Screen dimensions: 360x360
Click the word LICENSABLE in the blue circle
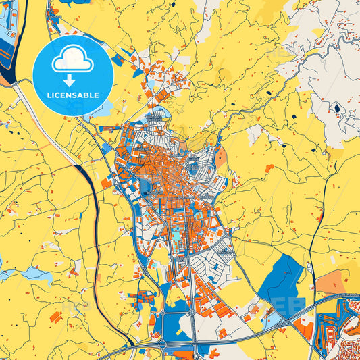(x=74, y=95)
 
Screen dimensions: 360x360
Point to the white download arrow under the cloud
(x=74, y=80)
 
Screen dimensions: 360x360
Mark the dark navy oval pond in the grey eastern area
(x=336, y=107)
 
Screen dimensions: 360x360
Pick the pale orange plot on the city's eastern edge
(x=222, y=159)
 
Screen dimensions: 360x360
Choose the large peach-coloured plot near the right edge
(x=333, y=282)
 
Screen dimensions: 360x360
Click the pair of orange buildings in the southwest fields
(x=57, y=315)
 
